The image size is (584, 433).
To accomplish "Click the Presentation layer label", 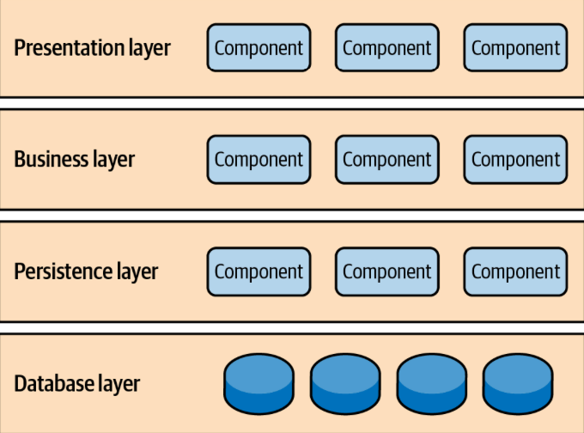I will pyautogui.click(x=92, y=47).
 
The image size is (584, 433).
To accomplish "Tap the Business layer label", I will pyautogui.click(x=75, y=159).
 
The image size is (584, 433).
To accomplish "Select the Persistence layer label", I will pyautogui.click(x=86, y=271).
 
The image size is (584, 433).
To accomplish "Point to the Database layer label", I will pyautogui.click(x=77, y=383).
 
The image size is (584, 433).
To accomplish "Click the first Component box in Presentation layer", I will pyautogui.click(x=259, y=47).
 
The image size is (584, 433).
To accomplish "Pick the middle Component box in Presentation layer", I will pyautogui.click(x=386, y=47).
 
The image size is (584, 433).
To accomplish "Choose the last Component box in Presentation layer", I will pyautogui.click(x=515, y=47).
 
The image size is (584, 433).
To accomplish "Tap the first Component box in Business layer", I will pyautogui.click(x=259, y=159).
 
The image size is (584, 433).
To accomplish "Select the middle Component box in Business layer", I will pyautogui.click(x=386, y=159).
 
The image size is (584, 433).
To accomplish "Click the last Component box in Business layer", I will pyautogui.click(x=515, y=159).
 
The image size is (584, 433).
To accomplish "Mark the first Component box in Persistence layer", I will pyautogui.click(x=259, y=271).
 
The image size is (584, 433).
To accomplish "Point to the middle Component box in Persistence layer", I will pyautogui.click(x=386, y=271).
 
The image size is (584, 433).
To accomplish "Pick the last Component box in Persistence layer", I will pyautogui.click(x=515, y=271).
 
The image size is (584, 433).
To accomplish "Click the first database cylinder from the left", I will pyautogui.click(x=259, y=384).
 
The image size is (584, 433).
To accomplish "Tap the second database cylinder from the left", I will pyautogui.click(x=344, y=384).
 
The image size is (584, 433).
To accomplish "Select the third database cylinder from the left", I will pyautogui.click(x=431, y=384).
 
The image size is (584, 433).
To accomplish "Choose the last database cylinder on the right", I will pyautogui.click(x=517, y=384).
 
